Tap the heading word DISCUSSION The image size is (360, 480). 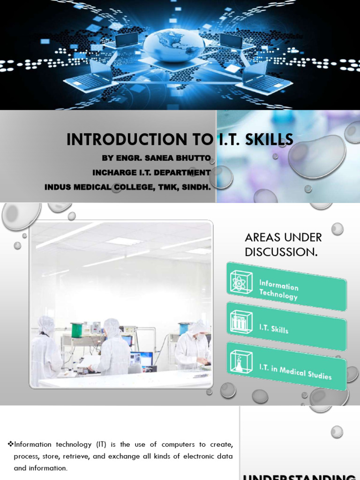point(280,252)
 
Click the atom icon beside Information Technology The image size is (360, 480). point(241,281)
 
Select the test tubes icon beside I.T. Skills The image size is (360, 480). point(241,322)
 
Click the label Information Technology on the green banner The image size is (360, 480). point(279,290)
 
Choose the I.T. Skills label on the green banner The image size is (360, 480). point(274,329)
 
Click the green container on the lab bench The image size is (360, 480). point(76,330)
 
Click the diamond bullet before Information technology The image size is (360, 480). point(11,444)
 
